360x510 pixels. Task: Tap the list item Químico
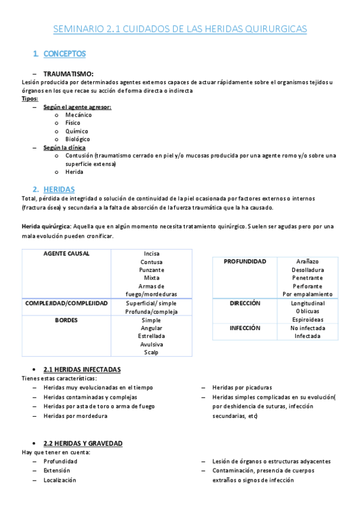pos(76,131)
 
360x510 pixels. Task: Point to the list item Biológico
pos(78,140)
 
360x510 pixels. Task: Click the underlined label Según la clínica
pos(64,147)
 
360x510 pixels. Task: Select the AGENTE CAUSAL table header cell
pos(67,254)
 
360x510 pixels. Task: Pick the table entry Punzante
pos(151,270)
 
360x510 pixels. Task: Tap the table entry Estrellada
pos(151,336)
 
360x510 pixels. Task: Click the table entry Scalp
pos(151,352)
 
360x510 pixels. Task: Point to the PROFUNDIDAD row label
pos(245,262)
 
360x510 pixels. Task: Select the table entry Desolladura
pos(307,270)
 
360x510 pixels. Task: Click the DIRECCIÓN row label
pos(245,303)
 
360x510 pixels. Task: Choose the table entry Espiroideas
pos(307,320)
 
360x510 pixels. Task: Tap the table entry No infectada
pos(307,328)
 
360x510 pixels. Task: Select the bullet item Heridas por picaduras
pos(242,388)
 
